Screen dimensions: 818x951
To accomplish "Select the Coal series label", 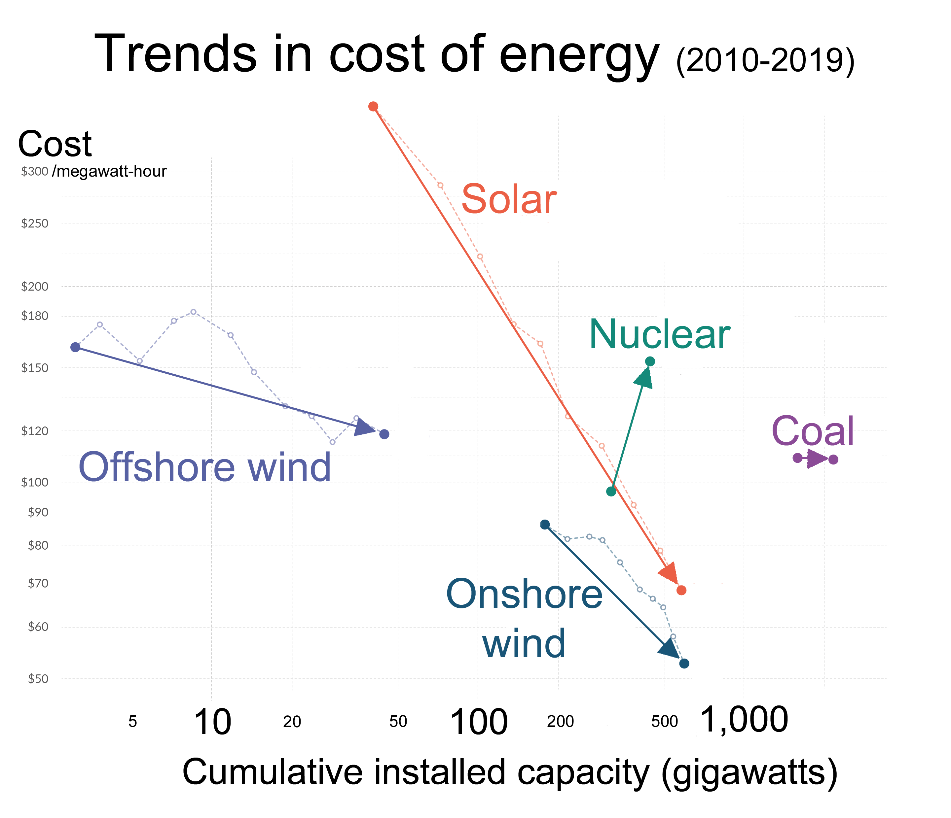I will click(x=812, y=431).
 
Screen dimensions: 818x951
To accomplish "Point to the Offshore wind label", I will click(x=205, y=467).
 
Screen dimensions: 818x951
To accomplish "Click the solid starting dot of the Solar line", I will click(x=373, y=106).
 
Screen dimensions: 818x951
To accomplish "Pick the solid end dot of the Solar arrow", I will click(x=681, y=591).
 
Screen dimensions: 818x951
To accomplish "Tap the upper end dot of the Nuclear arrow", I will click(x=650, y=361).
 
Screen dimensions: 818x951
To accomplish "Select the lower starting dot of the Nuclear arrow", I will click(x=611, y=491).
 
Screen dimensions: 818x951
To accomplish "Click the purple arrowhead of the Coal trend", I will click(x=817, y=459).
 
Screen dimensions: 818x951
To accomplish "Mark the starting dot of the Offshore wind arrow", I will click(x=75, y=347).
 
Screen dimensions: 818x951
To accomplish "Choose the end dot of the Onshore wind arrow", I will click(x=684, y=664).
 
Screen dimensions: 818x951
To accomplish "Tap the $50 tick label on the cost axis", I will click(x=38, y=679).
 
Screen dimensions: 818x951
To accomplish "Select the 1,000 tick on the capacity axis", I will click(x=744, y=720).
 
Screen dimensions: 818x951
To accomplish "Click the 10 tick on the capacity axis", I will click(x=212, y=723).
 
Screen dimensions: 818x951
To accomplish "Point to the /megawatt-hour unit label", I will click(x=109, y=172).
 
